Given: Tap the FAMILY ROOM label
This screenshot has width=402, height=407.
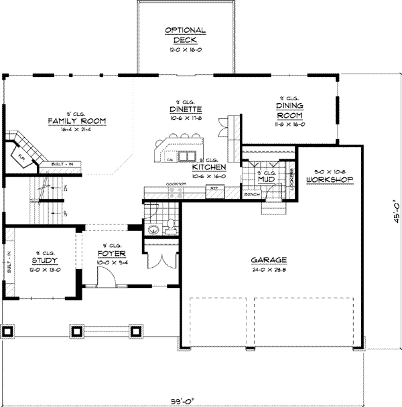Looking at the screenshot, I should coord(76,120).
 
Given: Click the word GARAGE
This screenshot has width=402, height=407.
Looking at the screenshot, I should coord(269,260).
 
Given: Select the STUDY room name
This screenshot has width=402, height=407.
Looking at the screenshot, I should coord(44,260).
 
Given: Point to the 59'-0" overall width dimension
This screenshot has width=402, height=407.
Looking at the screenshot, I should coord(186,400).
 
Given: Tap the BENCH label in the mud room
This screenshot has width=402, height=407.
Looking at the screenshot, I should coord(252,195).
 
